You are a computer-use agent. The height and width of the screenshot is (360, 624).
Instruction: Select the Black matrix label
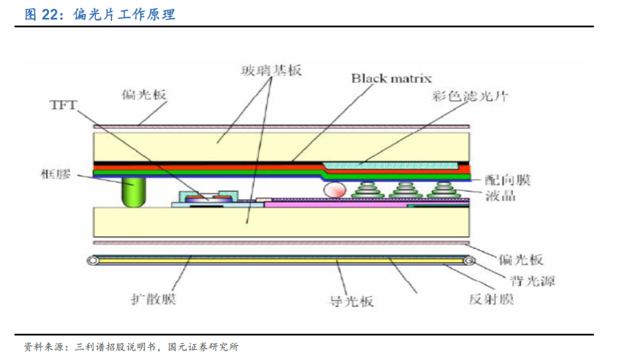tap(391, 78)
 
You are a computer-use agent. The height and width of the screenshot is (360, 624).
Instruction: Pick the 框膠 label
tap(56, 174)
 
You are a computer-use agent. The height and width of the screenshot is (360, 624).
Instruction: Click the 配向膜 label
tap(508, 180)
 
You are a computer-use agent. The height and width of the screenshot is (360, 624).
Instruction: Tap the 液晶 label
tap(501, 195)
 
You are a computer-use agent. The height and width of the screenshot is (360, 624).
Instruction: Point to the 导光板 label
tap(351, 301)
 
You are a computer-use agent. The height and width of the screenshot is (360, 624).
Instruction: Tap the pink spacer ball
tap(333, 189)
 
